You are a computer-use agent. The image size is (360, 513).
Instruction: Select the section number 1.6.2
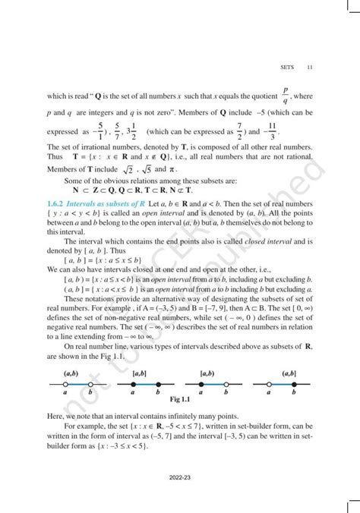coord(55,206)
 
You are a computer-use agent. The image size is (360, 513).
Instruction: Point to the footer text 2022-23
coord(180,480)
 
